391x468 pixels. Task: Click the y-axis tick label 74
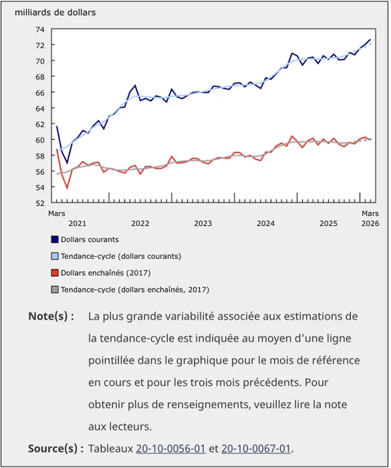click(40, 29)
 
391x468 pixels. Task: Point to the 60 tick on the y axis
click(40, 140)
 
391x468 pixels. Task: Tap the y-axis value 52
click(40, 203)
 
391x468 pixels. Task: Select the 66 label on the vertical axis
click(40, 92)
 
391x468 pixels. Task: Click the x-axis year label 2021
click(77, 223)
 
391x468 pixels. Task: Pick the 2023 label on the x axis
click(203, 223)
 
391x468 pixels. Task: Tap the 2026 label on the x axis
click(370, 223)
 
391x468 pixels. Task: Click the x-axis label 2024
click(266, 223)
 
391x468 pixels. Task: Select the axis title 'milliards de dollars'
click(55, 12)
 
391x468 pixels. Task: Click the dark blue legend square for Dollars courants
click(54, 240)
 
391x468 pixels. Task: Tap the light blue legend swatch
click(54, 256)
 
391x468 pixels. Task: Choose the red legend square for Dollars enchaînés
click(54, 273)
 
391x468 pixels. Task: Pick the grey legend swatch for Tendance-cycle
click(54, 290)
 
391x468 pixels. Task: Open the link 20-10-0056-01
click(171, 449)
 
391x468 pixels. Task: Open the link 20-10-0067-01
click(256, 449)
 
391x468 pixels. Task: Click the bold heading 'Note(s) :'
click(51, 316)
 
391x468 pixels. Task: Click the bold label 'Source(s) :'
click(56, 449)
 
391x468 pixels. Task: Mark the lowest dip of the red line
click(67, 189)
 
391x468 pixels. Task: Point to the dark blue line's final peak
click(370, 39)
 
